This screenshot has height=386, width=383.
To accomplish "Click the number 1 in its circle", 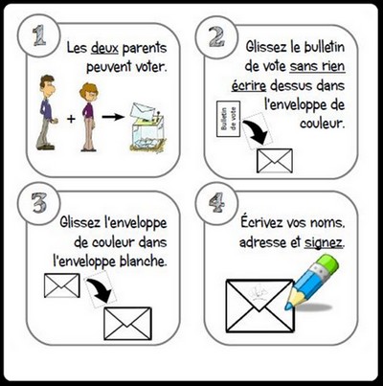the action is coord(40,34).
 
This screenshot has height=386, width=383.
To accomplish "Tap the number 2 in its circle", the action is coord(216,36).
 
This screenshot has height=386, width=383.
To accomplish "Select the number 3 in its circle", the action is coord(39,203).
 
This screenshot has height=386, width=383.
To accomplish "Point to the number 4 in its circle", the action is coord(216,203).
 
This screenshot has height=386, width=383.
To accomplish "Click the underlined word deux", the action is coord(104,49).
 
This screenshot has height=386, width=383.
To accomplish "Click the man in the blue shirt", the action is coord(47,112).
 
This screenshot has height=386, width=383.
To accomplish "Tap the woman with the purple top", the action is coord(88,117).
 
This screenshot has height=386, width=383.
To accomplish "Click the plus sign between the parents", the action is coord(71,119).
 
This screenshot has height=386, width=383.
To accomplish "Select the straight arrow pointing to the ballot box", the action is coord(113,117).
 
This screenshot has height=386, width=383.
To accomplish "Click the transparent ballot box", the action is coord(146,128).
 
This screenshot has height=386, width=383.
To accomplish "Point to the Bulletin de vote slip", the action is coord(228,119).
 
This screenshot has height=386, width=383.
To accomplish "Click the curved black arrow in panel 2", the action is coord(257,133).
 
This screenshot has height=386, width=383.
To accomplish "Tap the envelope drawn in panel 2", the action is coord(275,160).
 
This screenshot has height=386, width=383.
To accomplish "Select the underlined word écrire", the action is coord(249,86).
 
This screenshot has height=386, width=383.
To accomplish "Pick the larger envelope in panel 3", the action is coord(128,323).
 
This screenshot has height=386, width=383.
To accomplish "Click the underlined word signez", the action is coord(324,243).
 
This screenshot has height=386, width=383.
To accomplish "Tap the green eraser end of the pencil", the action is coord(328,263).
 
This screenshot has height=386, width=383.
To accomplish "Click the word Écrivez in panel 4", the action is coord(261,222).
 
